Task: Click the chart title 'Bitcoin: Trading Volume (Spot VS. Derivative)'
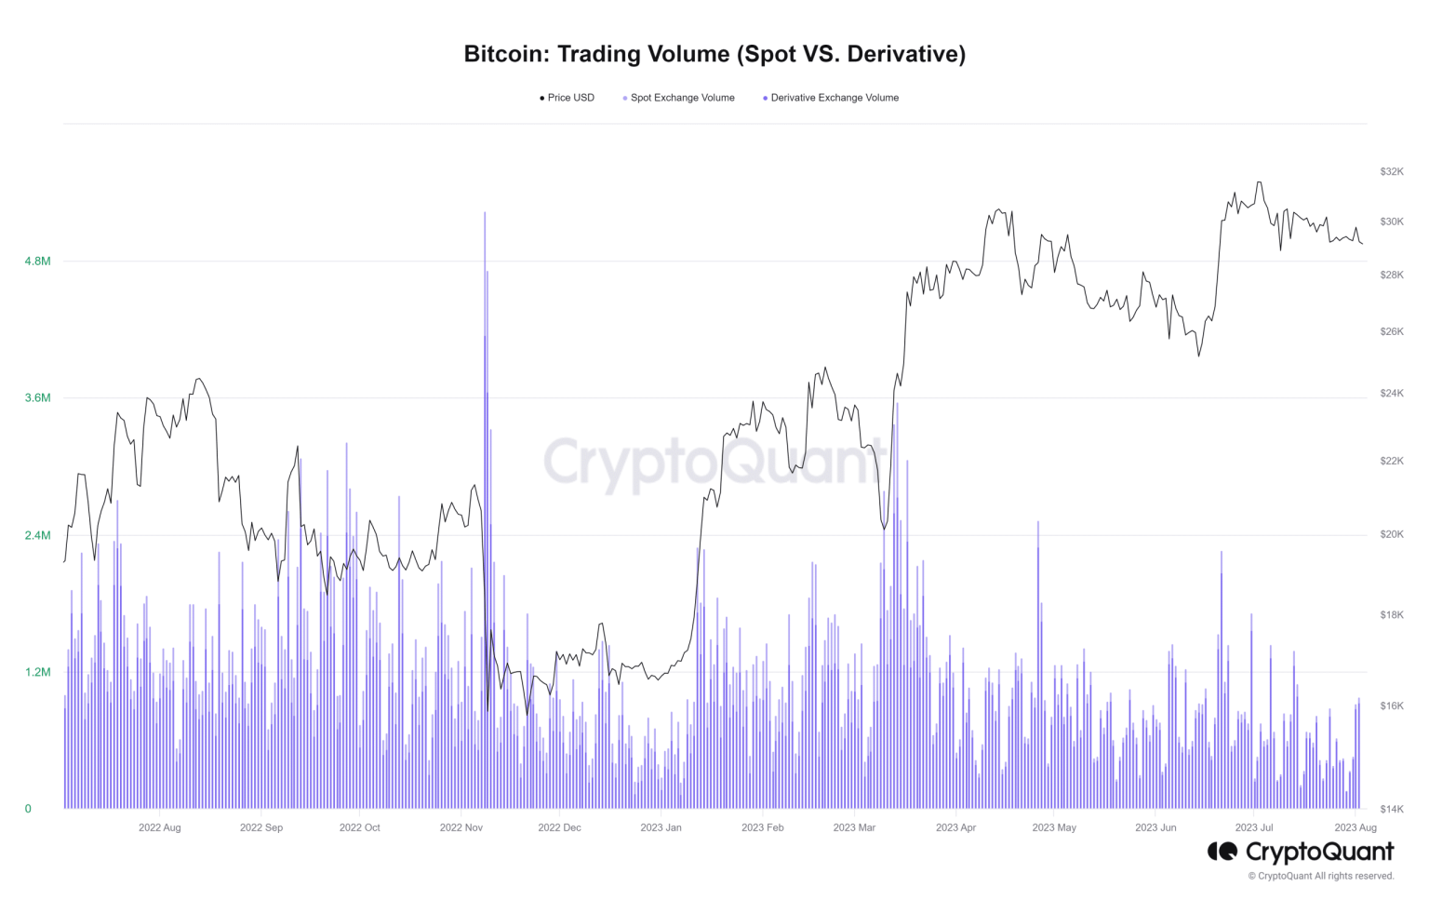(714, 54)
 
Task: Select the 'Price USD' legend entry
(569, 98)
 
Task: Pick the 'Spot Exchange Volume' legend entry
(681, 98)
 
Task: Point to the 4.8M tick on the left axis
(37, 262)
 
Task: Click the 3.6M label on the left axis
(37, 398)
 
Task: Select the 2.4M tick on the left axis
(37, 535)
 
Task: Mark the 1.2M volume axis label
(37, 672)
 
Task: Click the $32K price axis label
(1392, 172)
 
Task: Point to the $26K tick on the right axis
(1392, 332)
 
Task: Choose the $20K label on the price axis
(1392, 535)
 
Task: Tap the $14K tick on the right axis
(1392, 809)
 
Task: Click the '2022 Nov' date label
(461, 827)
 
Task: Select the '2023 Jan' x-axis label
(661, 827)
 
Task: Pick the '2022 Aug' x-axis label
(160, 827)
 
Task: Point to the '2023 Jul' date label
(1253, 827)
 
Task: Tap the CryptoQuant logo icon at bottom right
(1222, 851)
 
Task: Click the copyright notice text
(1321, 876)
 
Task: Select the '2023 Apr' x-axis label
(955, 827)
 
